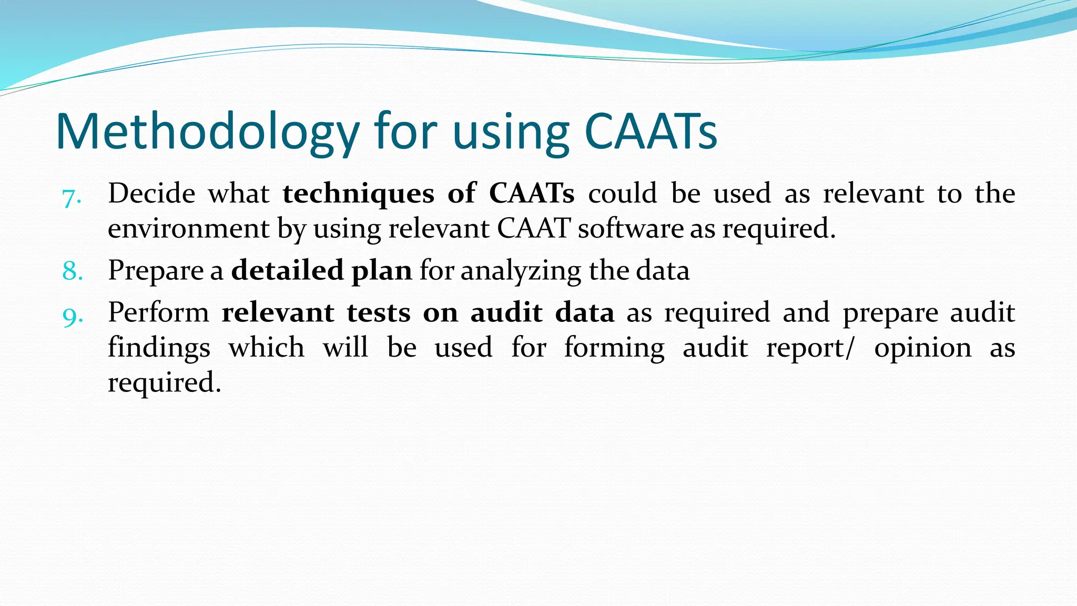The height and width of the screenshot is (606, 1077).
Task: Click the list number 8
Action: [72, 271]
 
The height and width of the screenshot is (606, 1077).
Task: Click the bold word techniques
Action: [358, 194]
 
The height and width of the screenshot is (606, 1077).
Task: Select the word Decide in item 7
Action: [151, 194]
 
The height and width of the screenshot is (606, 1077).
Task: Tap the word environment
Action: [189, 228]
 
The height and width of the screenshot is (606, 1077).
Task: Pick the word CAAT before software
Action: [534, 228]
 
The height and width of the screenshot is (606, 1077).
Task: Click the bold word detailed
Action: [288, 270]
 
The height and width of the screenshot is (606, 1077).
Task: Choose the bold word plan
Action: [382, 271]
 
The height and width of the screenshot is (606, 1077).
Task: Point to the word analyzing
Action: [521, 271]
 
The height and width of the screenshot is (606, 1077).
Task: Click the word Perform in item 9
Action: [158, 312]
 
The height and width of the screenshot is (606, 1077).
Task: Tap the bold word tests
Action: [378, 312]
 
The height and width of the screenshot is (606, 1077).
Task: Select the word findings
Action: [159, 348]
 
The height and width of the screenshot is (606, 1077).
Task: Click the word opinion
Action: [922, 348]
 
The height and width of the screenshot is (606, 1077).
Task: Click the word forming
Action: [614, 348]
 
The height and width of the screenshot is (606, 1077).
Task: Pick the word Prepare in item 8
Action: [156, 271]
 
